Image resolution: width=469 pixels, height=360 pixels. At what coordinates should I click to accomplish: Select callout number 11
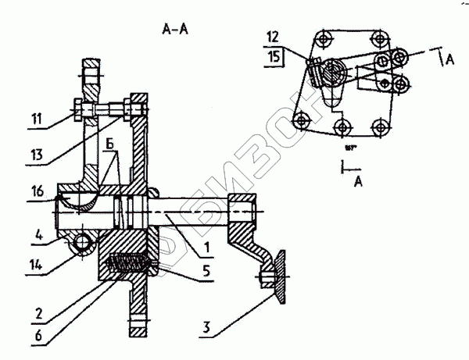click(38, 120)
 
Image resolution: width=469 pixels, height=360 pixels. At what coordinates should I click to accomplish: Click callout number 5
click(204, 273)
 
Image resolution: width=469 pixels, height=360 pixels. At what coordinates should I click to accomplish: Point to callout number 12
click(272, 37)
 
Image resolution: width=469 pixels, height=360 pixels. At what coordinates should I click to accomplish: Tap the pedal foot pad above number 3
click(277, 277)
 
